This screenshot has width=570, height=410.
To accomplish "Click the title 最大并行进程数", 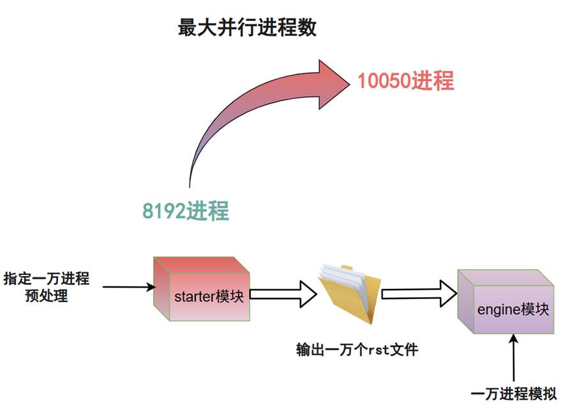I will (247, 29).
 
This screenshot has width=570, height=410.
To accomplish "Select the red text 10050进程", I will (405, 81).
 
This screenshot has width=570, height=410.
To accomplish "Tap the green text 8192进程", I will (186, 210).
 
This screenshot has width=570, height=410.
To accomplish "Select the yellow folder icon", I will (349, 293).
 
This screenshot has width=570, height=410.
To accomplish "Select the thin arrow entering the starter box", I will (128, 287).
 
